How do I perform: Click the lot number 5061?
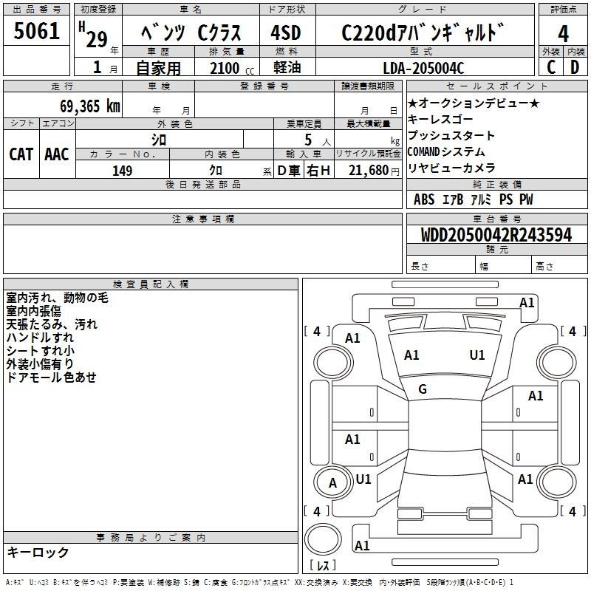(37, 31)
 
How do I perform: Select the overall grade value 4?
(563, 33)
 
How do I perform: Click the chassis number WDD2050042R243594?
(496, 236)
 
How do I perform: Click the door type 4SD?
(287, 33)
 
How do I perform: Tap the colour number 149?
(122, 171)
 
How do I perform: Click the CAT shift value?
(21, 154)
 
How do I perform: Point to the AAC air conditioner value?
(57, 154)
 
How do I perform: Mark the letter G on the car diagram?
(423, 389)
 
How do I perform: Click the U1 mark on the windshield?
(477, 355)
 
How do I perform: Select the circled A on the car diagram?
(332, 484)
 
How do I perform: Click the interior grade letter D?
(574, 68)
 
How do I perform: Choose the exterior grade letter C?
(550, 68)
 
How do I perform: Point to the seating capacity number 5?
(307, 139)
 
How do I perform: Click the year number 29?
(97, 38)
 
